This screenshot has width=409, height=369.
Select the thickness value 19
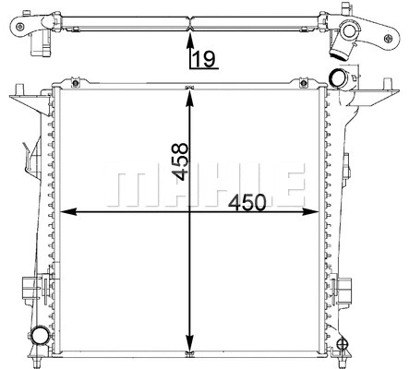pyautogui.click(x=203, y=61)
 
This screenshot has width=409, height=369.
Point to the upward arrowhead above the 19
pyautogui.click(x=190, y=40)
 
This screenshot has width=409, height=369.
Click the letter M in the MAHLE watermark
pyautogui.click(x=128, y=184)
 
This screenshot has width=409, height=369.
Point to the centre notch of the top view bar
pyautogui.click(x=190, y=19)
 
